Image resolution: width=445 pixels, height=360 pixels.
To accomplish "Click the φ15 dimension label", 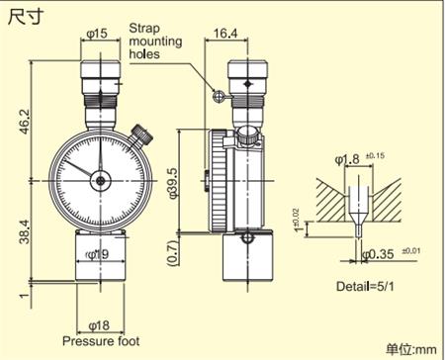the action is coord(97,34).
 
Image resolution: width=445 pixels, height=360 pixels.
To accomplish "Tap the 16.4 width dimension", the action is coord(225,34).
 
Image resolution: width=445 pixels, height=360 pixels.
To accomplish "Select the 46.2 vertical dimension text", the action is coord(25,122).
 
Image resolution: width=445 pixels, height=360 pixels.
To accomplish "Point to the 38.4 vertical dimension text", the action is coord(25,231).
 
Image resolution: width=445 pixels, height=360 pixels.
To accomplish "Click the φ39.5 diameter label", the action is coord(173,183).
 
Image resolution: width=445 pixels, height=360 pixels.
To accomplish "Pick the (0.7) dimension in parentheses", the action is coord(173,253).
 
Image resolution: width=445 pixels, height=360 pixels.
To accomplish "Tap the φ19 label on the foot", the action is coord(97,254).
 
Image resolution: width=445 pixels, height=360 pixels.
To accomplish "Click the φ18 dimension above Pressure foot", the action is coord(99,325).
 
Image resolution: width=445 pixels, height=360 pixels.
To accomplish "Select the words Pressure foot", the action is coord(101,341).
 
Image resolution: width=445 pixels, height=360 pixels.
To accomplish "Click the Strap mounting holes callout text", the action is coord(155,42).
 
